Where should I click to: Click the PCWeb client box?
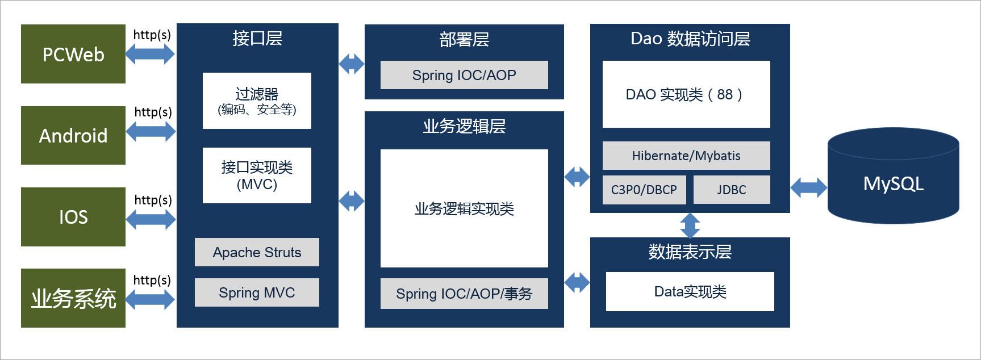pos(73,54)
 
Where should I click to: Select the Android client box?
pos(73,135)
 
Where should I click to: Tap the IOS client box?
pos(73,217)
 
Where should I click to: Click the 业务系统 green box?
pos(73,298)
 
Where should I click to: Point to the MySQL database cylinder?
pos(893,175)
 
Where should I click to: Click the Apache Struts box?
pos(257,252)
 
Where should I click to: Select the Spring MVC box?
pos(257,292)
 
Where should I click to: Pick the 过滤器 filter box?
pos(257,101)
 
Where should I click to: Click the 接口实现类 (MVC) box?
pos(257,175)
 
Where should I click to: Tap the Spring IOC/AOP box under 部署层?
pos(464,75)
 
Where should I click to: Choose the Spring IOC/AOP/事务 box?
pos(464,294)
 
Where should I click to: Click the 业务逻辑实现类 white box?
pos(464,208)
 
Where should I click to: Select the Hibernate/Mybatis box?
pos(686,156)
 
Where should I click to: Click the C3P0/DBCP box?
pos(644,190)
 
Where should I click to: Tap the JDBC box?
pos(732,190)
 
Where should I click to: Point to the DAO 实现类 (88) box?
pos(686,94)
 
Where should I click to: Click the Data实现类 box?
pos(690,291)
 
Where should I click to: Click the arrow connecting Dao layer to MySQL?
pos(809,187)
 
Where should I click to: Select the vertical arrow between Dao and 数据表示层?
pos(690,225)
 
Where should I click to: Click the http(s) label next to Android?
pos(153,112)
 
